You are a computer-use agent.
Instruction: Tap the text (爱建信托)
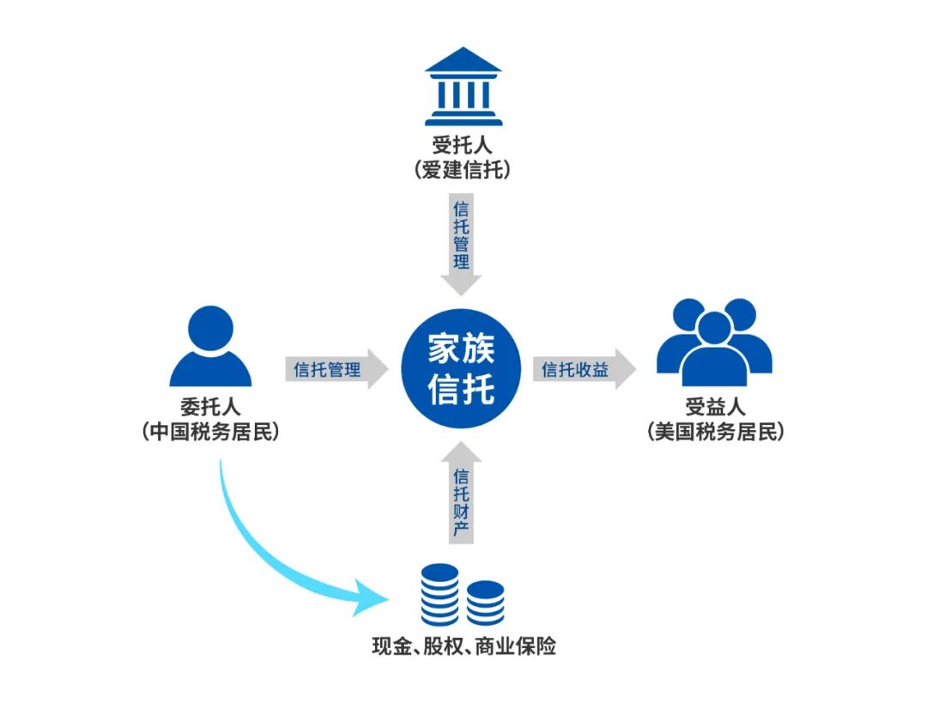pyautogui.click(x=463, y=170)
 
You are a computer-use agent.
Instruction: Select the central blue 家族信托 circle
pyautogui.click(x=462, y=370)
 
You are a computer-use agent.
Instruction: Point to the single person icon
pyautogui.click(x=210, y=348)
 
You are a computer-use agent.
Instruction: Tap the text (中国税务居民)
pyautogui.click(x=210, y=431)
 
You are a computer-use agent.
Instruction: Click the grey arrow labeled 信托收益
pyautogui.click(x=584, y=370)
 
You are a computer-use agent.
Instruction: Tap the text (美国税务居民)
pyautogui.click(x=715, y=431)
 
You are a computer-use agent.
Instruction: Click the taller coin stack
pyautogui.click(x=439, y=595)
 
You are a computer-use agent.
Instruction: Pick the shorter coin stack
pyautogui.click(x=486, y=603)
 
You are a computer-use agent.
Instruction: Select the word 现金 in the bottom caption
pyautogui.click(x=391, y=645)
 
